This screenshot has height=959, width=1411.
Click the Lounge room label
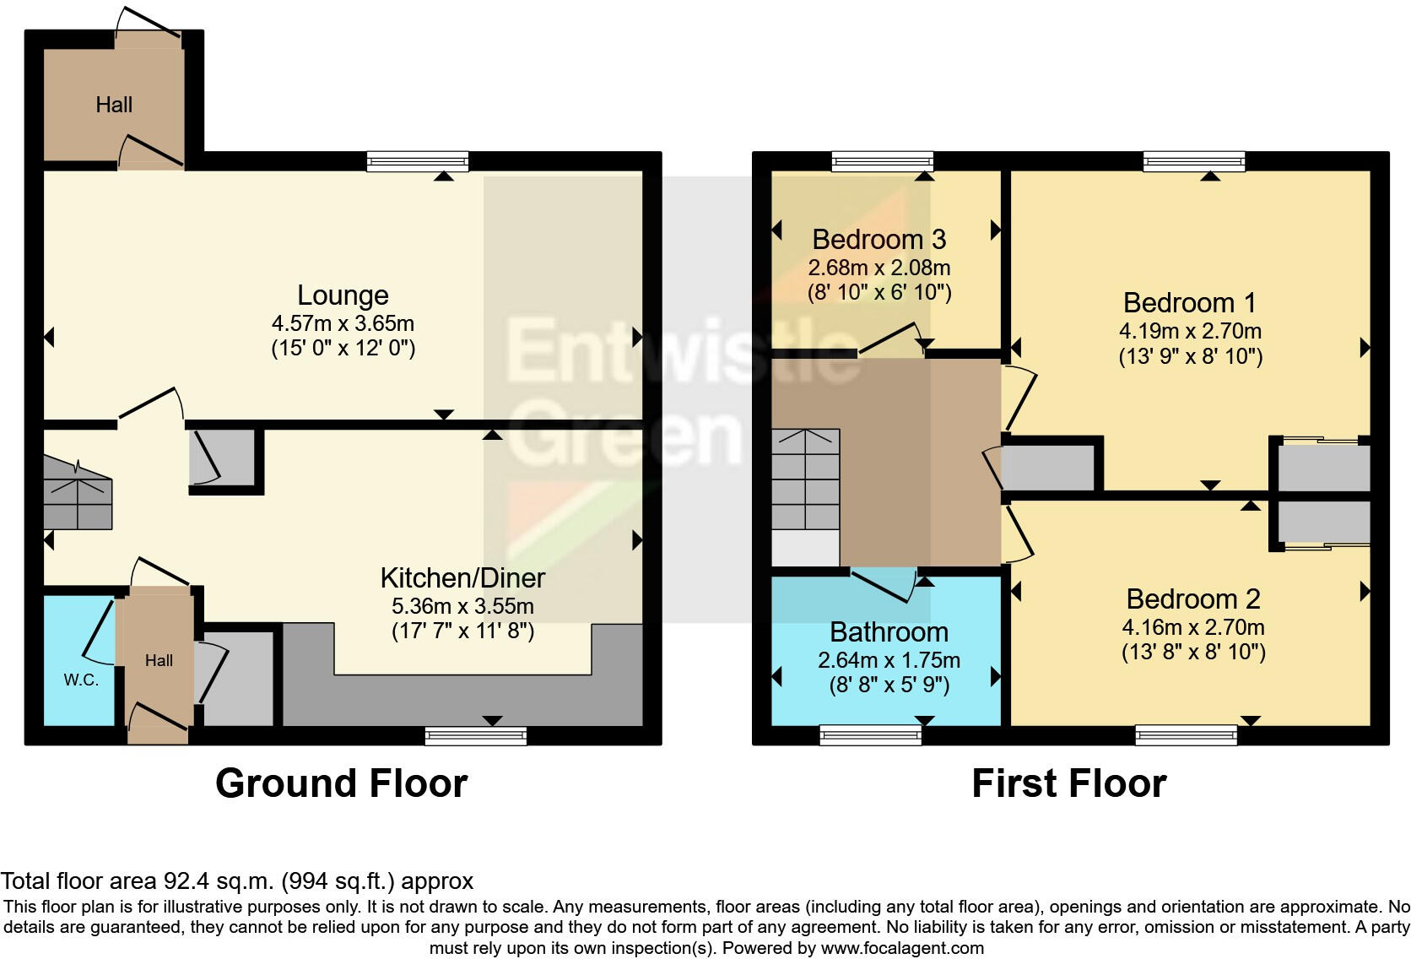click(x=343, y=295)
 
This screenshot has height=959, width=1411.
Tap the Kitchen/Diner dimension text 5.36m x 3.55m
click(x=462, y=606)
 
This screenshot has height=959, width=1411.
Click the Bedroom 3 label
click(x=878, y=240)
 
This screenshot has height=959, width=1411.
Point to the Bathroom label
click(x=889, y=632)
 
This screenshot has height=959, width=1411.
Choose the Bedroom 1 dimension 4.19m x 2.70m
click(x=1190, y=331)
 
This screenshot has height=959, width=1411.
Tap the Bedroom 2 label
click(x=1192, y=599)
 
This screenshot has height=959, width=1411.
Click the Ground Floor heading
click(x=341, y=783)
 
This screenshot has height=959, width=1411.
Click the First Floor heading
click(x=1068, y=783)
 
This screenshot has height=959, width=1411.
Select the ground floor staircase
click(x=78, y=494)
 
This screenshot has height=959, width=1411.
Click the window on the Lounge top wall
click(x=418, y=160)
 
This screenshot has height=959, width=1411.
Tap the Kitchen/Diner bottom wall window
click(x=476, y=736)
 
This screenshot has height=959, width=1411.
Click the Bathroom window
click(x=871, y=736)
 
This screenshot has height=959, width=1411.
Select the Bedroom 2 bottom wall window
click(x=1187, y=736)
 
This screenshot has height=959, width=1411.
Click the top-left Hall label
click(x=114, y=105)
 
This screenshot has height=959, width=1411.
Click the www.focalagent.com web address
click(x=902, y=948)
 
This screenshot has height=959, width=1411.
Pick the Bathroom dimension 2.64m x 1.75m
click(x=889, y=660)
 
